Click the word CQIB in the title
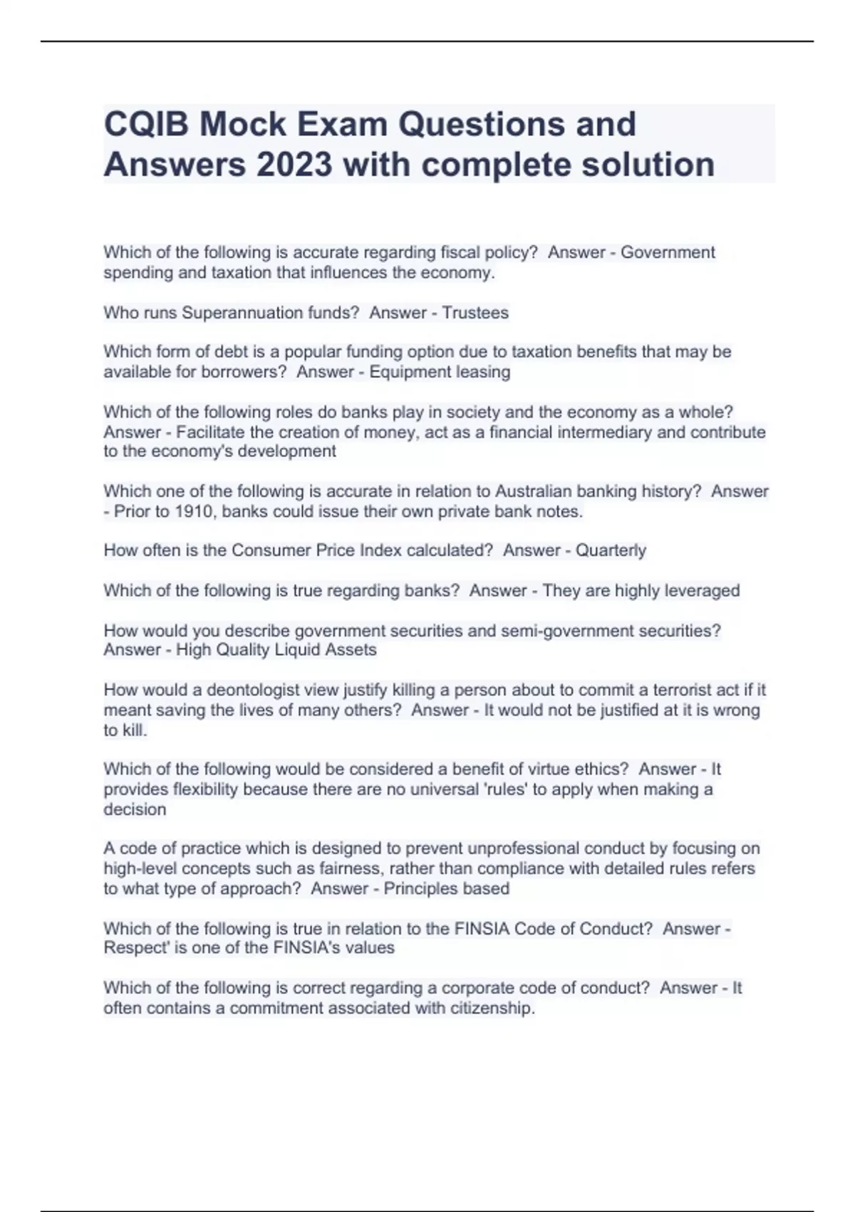tap(146, 124)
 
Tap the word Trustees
tap(475, 313)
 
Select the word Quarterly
tap(611, 550)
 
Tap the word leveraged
tap(702, 590)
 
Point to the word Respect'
tap(132, 948)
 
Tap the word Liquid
tap(296, 650)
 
